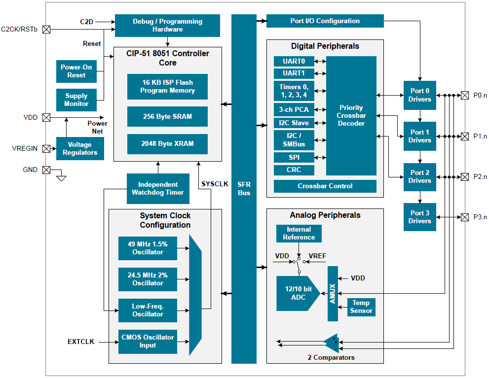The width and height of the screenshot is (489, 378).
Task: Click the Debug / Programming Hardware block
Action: (x=167, y=26)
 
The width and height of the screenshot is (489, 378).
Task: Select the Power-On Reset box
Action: (x=76, y=71)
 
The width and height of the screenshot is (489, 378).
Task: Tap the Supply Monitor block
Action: (x=76, y=100)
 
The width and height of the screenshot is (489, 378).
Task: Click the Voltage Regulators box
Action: (x=80, y=149)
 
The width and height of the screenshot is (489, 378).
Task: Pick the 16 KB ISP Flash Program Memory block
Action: (x=167, y=87)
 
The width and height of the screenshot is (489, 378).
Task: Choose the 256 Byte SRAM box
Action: (x=167, y=117)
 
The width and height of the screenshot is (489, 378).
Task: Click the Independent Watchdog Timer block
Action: (x=158, y=188)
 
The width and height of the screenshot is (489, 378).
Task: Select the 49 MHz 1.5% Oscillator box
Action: (x=148, y=248)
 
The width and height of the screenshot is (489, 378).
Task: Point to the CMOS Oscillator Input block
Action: (x=148, y=342)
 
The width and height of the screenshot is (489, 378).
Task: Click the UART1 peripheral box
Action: (x=294, y=73)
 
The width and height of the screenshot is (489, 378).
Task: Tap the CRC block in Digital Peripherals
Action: (x=294, y=170)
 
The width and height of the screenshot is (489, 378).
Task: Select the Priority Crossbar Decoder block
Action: (x=351, y=115)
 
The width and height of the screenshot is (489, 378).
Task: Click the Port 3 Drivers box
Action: (x=419, y=217)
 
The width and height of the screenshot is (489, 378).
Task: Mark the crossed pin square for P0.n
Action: (x=464, y=95)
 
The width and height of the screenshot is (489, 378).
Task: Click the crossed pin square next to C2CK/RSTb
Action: (x=46, y=29)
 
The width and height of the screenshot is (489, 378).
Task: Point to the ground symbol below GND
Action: (x=61, y=177)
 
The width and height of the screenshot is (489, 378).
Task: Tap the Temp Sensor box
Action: (x=361, y=307)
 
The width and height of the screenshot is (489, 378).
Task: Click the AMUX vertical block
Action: (x=333, y=293)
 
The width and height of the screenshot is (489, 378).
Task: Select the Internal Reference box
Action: (x=299, y=233)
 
